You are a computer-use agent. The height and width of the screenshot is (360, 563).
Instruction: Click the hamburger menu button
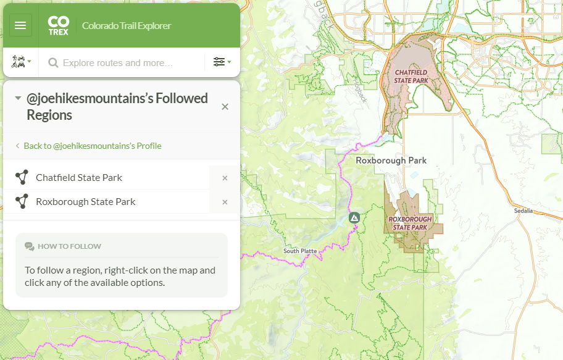pos(20,25)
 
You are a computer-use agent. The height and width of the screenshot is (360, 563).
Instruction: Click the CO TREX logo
pos(58,25)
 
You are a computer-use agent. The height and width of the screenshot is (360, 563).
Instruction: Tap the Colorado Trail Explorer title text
pos(127,26)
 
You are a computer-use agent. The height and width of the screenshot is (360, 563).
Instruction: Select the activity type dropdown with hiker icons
pos(21,62)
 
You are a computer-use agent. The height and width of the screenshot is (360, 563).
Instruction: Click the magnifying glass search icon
pos(53,62)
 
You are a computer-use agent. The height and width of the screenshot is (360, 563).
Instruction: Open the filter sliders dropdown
pos(222,62)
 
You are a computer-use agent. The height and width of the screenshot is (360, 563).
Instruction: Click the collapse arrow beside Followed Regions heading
pos(18,98)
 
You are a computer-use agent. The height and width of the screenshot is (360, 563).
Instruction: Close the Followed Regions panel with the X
pos(225,107)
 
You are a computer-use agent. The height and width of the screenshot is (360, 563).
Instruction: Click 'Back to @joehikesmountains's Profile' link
pos(92,146)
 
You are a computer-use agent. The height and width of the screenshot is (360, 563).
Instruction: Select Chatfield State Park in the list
pos(79,177)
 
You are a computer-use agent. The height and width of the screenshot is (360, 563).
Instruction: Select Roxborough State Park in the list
pos(86,201)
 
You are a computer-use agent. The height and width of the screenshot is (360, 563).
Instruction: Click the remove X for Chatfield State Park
pos(225,178)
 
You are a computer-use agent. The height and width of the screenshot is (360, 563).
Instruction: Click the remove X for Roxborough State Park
pos(225,202)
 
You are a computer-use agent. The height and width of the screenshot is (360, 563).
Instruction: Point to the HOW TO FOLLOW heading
pos(69,246)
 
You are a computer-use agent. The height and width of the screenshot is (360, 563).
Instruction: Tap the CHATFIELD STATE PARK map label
pos(411,77)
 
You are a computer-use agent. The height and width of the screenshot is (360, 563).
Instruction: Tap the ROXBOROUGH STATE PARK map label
pos(410,223)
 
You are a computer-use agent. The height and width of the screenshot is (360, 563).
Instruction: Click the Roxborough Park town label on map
pos(391,160)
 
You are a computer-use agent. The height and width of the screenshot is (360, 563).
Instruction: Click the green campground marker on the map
pos(354,218)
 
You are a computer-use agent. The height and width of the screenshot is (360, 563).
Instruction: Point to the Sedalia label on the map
pos(523,211)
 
